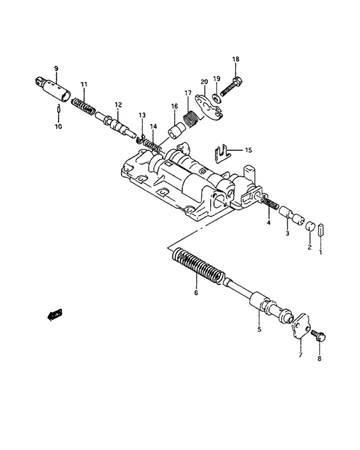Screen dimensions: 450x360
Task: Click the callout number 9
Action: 56,68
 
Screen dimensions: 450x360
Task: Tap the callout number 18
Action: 235,59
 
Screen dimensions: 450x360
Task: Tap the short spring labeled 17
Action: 192,117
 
